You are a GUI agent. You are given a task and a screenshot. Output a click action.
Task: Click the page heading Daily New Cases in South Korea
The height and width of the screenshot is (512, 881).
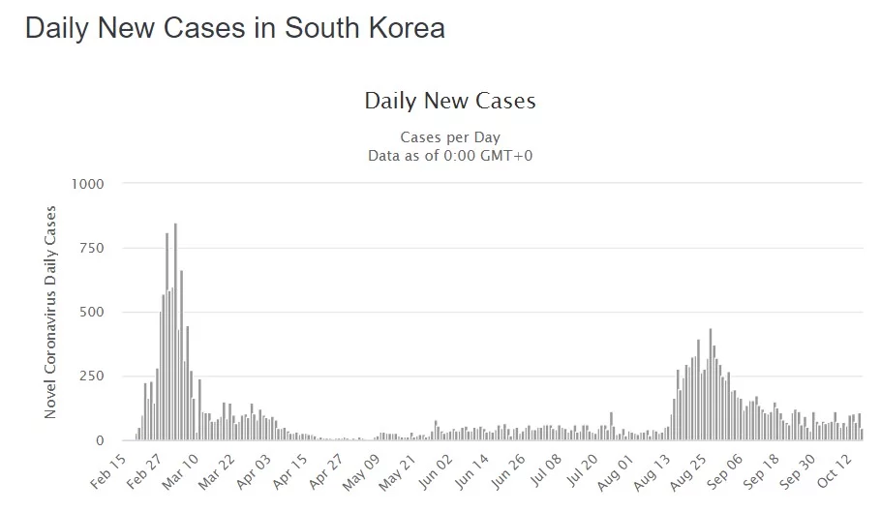click(x=234, y=28)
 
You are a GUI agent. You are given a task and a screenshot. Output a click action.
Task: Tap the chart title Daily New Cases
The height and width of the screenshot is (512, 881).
click(x=449, y=101)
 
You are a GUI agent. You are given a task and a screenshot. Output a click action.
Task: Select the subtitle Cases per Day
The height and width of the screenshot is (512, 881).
click(x=449, y=137)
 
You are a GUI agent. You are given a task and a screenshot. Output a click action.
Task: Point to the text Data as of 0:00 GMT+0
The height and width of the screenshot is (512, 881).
click(x=449, y=155)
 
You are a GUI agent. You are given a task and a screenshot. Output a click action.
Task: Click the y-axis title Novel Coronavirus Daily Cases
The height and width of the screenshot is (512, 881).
click(x=50, y=312)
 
